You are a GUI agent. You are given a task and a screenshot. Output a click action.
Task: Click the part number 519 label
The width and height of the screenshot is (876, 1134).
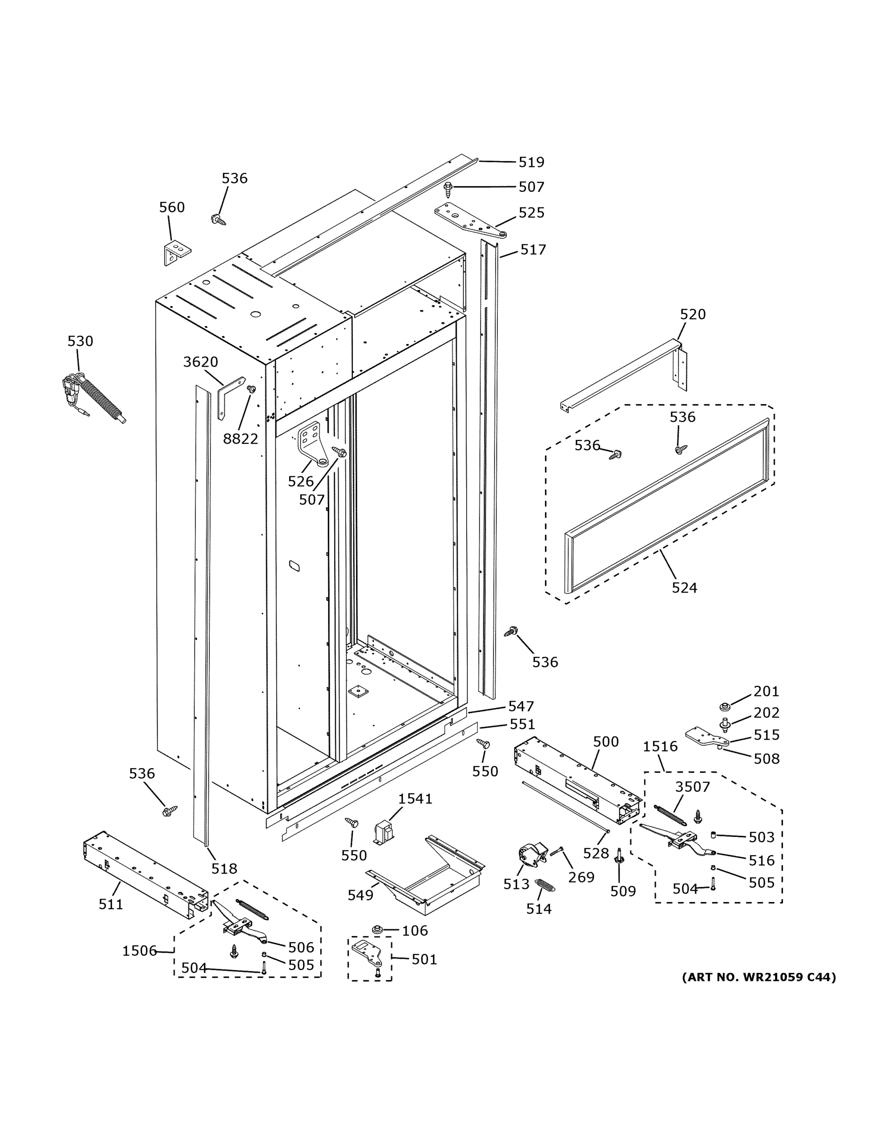[x=531, y=163]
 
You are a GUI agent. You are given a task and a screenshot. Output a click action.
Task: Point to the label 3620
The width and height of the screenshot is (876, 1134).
[x=200, y=362]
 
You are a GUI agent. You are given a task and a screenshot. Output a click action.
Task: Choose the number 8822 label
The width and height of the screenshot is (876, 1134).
[x=240, y=439]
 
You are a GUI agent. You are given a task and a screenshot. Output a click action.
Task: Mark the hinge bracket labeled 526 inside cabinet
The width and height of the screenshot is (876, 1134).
[x=313, y=446]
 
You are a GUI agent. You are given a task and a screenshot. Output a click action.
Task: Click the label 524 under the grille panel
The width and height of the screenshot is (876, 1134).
[x=684, y=588]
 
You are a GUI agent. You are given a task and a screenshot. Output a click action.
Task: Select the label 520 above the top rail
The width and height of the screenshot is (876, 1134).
[x=693, y=314]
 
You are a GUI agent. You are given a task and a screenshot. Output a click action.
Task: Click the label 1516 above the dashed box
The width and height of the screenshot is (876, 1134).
[x=660, y=747]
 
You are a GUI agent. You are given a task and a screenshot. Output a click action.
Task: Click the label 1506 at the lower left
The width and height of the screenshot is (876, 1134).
[x=139, y=951]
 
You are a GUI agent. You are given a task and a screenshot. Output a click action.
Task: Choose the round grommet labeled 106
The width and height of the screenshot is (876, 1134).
[x=378, y=929]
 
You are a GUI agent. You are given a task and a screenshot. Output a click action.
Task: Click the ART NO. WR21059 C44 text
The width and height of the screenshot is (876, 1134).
[x=759, y=977]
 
